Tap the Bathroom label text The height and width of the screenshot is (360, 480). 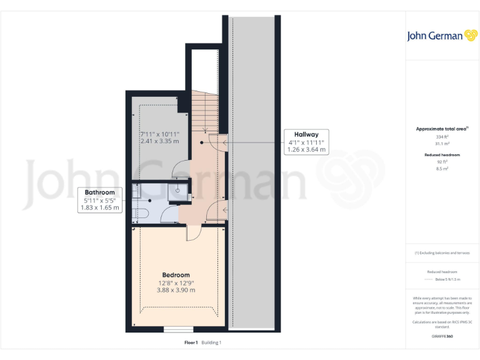point(99,192)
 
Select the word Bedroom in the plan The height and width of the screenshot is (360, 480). point(176,275)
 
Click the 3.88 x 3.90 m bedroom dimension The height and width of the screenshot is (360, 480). point(176,290)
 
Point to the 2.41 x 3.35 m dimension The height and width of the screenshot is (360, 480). point(159,141)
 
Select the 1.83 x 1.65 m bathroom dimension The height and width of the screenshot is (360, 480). point(99,207)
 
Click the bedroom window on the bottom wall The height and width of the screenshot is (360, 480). point(178,329)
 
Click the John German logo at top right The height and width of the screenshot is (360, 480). point(442,36)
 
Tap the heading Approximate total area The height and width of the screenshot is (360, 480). point(442,129)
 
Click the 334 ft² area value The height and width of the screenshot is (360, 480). point(442,136)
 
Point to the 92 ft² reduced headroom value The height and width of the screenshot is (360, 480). point(442,161)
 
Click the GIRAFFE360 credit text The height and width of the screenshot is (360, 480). point(442,337)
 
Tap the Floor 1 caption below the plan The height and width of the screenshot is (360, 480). point(191,342)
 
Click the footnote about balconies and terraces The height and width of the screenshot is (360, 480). point(442,252)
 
